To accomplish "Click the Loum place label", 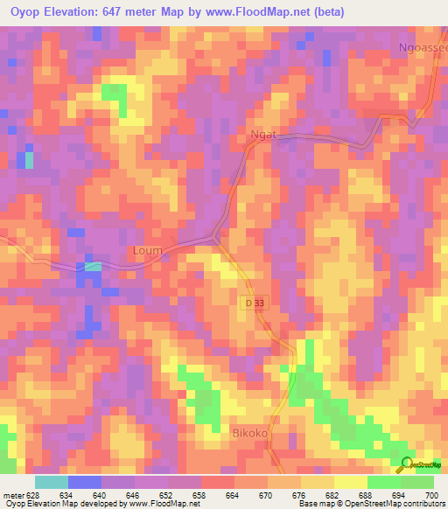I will pos(147,251).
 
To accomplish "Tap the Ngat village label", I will pos(263,135).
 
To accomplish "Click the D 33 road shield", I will pos(251,303).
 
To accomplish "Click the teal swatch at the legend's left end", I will pos(52,482).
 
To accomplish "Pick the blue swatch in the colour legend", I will pos(85,482).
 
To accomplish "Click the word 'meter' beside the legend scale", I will pos(12,495).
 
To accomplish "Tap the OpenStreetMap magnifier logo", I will pos(406,463).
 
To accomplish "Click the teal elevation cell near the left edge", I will pos(29,160).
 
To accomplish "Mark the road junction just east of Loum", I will pos(215,236).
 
